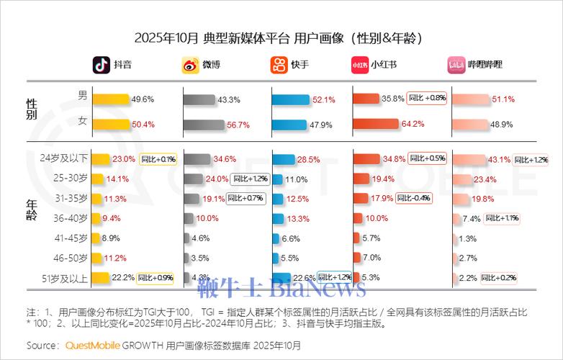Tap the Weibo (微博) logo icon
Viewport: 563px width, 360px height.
click(x=190, y=65)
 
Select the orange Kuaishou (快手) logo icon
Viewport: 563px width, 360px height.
click(x=279, y=65)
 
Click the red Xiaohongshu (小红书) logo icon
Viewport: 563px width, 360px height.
click(x=360, y=65)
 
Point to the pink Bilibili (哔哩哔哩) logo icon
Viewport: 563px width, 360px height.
click(x=456, y=65)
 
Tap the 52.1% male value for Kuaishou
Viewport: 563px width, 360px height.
click(x=325, y=100)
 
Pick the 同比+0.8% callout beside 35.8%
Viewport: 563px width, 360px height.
click(x=427, y=98)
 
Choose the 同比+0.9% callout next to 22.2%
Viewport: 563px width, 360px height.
click(x=156, y=277)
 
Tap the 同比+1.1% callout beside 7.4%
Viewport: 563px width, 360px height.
click(x=502, y=217)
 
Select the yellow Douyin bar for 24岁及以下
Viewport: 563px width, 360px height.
click(x=101, y=159)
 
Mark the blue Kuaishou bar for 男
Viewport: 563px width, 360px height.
click(x=291, y=100)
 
